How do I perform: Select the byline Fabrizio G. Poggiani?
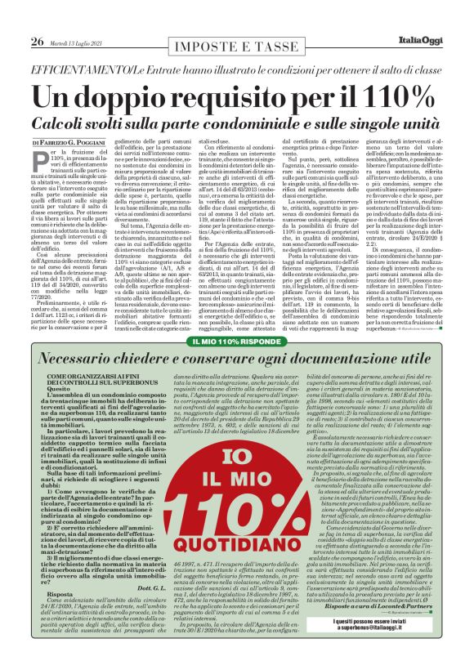83,120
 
